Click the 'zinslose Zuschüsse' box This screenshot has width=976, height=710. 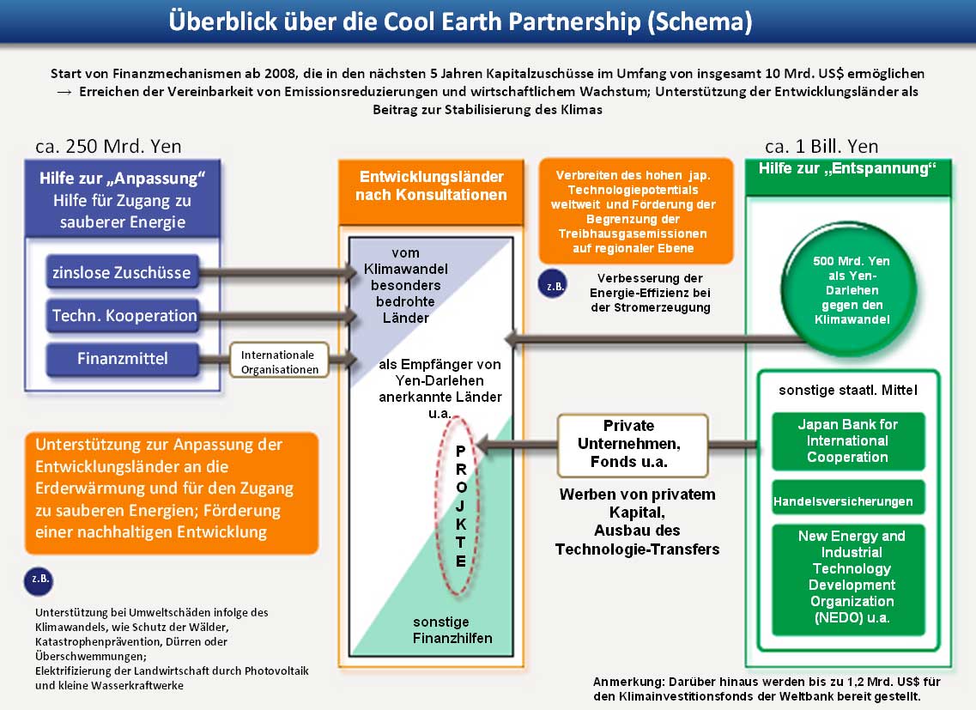(123, 272)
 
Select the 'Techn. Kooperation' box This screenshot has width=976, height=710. (123, 315)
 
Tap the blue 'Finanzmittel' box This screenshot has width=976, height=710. (123, 359)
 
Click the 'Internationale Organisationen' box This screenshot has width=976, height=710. (280, 361)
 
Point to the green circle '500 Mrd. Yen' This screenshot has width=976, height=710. (851, 289)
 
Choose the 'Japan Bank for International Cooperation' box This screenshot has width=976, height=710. (848, 441)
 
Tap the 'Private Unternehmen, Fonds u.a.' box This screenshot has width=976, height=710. (633, 445)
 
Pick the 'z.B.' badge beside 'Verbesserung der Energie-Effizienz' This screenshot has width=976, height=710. (553, 286)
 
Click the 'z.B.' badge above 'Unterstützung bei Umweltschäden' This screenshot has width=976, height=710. (39, 580)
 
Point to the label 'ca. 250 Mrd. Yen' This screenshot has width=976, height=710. (108, 146)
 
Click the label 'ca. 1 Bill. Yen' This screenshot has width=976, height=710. (821, 146)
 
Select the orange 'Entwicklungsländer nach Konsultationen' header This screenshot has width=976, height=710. (431, 191)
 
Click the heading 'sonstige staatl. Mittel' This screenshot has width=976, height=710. (848, 390)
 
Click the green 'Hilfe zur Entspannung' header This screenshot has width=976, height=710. (848, 178)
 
